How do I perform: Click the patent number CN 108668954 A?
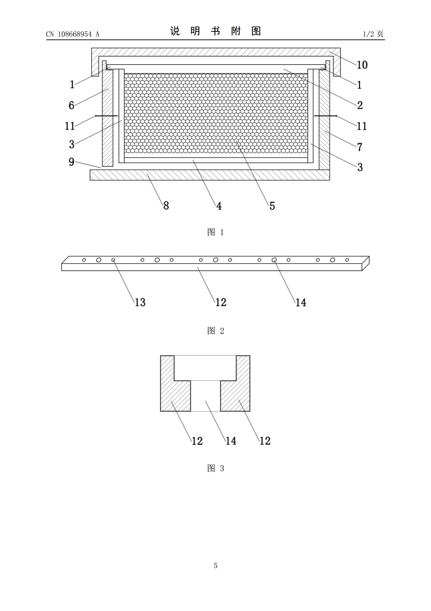[x=73, y=34]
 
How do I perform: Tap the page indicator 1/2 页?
[x=373, y=34]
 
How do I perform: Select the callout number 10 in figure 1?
[x=362, y=65]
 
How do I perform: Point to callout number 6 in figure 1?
[x=71, y=105]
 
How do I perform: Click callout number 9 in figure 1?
[x=71, y=162]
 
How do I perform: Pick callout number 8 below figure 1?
[x=166, y=206]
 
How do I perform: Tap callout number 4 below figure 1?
[x=219, y=206]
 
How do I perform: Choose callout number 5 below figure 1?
[x=272, y=206]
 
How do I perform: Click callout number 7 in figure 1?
[x=360, y=147]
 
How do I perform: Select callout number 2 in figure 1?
[x=360, y=105]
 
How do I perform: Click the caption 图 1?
[x=215, y=232]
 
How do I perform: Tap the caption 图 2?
[x=215, y=331]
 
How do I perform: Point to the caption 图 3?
[x=215, y=468]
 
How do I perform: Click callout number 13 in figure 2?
[x=140, y=302]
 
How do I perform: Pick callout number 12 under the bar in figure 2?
[x=221, y=302]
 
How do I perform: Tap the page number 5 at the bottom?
[x=215, y=566]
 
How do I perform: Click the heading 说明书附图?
[x=215, y=31]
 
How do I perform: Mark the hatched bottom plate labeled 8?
[x=210, y=175]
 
